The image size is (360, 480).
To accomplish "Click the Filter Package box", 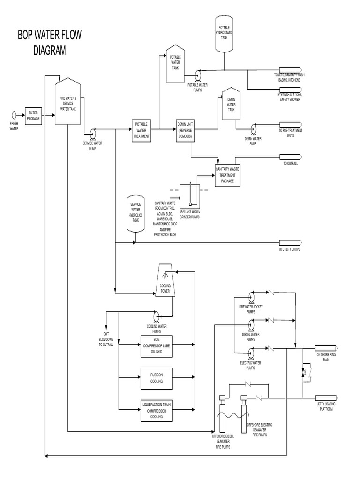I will [x=34, y=116].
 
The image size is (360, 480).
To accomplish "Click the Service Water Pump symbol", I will [x=92, y=133].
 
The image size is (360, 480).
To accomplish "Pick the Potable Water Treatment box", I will [x=141, y=130].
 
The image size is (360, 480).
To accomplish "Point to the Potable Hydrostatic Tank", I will [x=224, y=34].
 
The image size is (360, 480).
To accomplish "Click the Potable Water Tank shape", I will [x=176, y=63].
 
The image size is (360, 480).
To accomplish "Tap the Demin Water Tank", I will [x=231, y=105].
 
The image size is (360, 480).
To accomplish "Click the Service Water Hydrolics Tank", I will [x=135, y=213].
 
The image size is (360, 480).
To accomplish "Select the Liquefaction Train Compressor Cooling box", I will [x=157, y=410].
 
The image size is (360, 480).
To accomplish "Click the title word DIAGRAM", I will [x=49, y=51].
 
